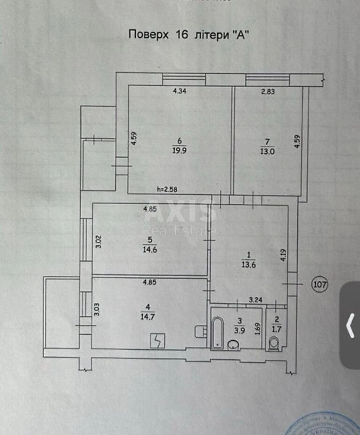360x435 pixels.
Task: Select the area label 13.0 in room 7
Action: point(268,152)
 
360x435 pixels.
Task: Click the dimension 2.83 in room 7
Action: point(268,91)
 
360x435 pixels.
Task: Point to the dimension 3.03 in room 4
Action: point(97,311)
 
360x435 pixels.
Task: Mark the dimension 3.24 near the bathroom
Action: point(256,300)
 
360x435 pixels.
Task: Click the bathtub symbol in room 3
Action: point(217,332)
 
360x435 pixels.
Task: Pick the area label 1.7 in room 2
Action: point(277,330)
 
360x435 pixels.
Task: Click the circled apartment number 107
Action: point(319,285)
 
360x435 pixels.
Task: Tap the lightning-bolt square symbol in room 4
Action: point(158,341)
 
